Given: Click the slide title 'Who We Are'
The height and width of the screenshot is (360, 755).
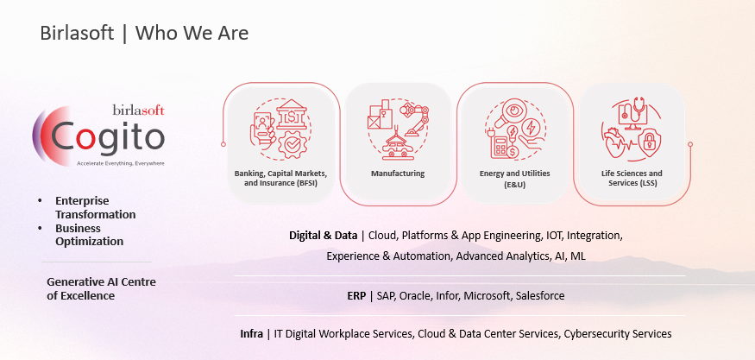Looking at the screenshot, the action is click(192, 34).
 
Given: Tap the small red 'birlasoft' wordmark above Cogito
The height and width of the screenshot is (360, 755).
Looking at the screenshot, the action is click(139, 111).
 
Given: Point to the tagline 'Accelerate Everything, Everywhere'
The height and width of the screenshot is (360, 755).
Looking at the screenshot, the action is click(121, 163).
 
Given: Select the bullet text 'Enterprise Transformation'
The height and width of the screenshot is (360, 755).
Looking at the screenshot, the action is click(95, 207).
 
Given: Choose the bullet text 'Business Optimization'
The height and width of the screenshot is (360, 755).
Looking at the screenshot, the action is click(89, 235).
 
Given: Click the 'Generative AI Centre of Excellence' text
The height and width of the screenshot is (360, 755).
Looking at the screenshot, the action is click(101, 288).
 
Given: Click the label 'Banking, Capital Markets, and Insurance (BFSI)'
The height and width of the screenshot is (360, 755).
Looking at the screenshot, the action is click(281, 178).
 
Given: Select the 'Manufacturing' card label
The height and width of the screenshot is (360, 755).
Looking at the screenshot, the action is click(397, 174).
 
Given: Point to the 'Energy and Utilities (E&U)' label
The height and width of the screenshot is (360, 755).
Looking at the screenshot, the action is click(514, 178).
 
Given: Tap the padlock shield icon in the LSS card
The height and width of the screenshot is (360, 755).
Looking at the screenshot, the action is click(649, 140).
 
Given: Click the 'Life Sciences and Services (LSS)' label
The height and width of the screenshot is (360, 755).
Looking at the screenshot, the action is click(632, 178).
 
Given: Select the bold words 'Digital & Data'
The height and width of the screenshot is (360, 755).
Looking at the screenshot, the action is click(323, 236).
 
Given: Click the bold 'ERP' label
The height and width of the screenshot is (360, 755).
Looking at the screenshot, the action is click(356, 295).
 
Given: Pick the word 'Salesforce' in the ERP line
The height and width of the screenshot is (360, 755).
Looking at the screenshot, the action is click(540, 295).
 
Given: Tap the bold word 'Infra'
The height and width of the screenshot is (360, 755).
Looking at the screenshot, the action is click(251, 333).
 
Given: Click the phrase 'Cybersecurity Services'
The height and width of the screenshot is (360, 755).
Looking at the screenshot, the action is click(618, 334).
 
